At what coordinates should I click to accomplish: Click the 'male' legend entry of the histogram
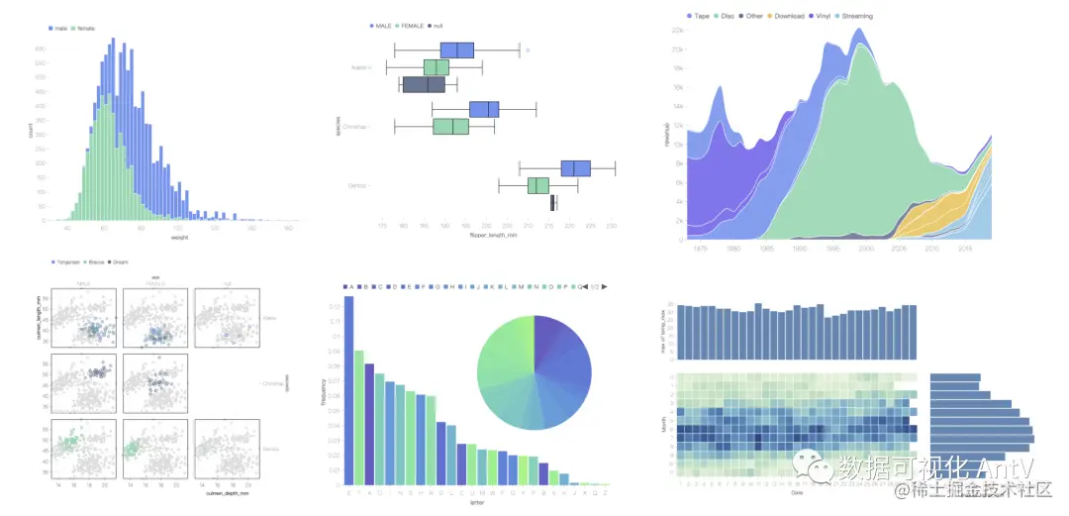(61, 31)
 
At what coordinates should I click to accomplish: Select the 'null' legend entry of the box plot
(435, 25)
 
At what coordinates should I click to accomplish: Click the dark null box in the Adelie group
(424, 85)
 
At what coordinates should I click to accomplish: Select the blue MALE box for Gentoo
(575, 168)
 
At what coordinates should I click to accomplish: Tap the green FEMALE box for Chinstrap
(450, 127)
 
